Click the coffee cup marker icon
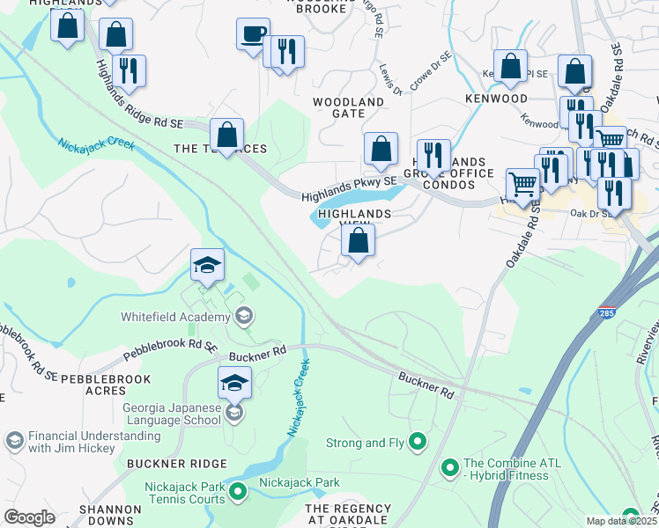pyautogui.click(x=253, y=35)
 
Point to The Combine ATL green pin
pyautogui.click(x=450, y=466)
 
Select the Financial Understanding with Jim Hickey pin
pyautogui.click(x=14, y=439)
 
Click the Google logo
pyautogui.click(x=29, y=517)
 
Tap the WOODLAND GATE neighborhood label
pyautogui.click(x=350, y=108)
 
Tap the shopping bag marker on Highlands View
pyautogui.click(x=358, y=242)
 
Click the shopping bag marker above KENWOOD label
pyautogui.click(x=510, y=66)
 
